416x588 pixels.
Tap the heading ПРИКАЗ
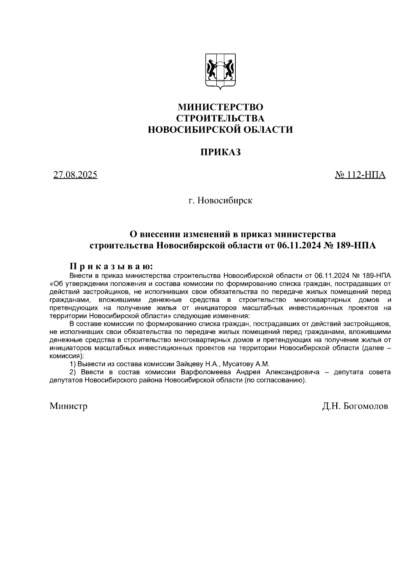coord(220,152)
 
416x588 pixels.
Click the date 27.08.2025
coord(75,175)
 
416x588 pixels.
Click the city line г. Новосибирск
coord(220,201)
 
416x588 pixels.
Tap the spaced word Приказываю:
coord(111,267)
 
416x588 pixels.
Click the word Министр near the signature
coord(68,406)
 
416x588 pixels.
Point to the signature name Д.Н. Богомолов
coord(355,406)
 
